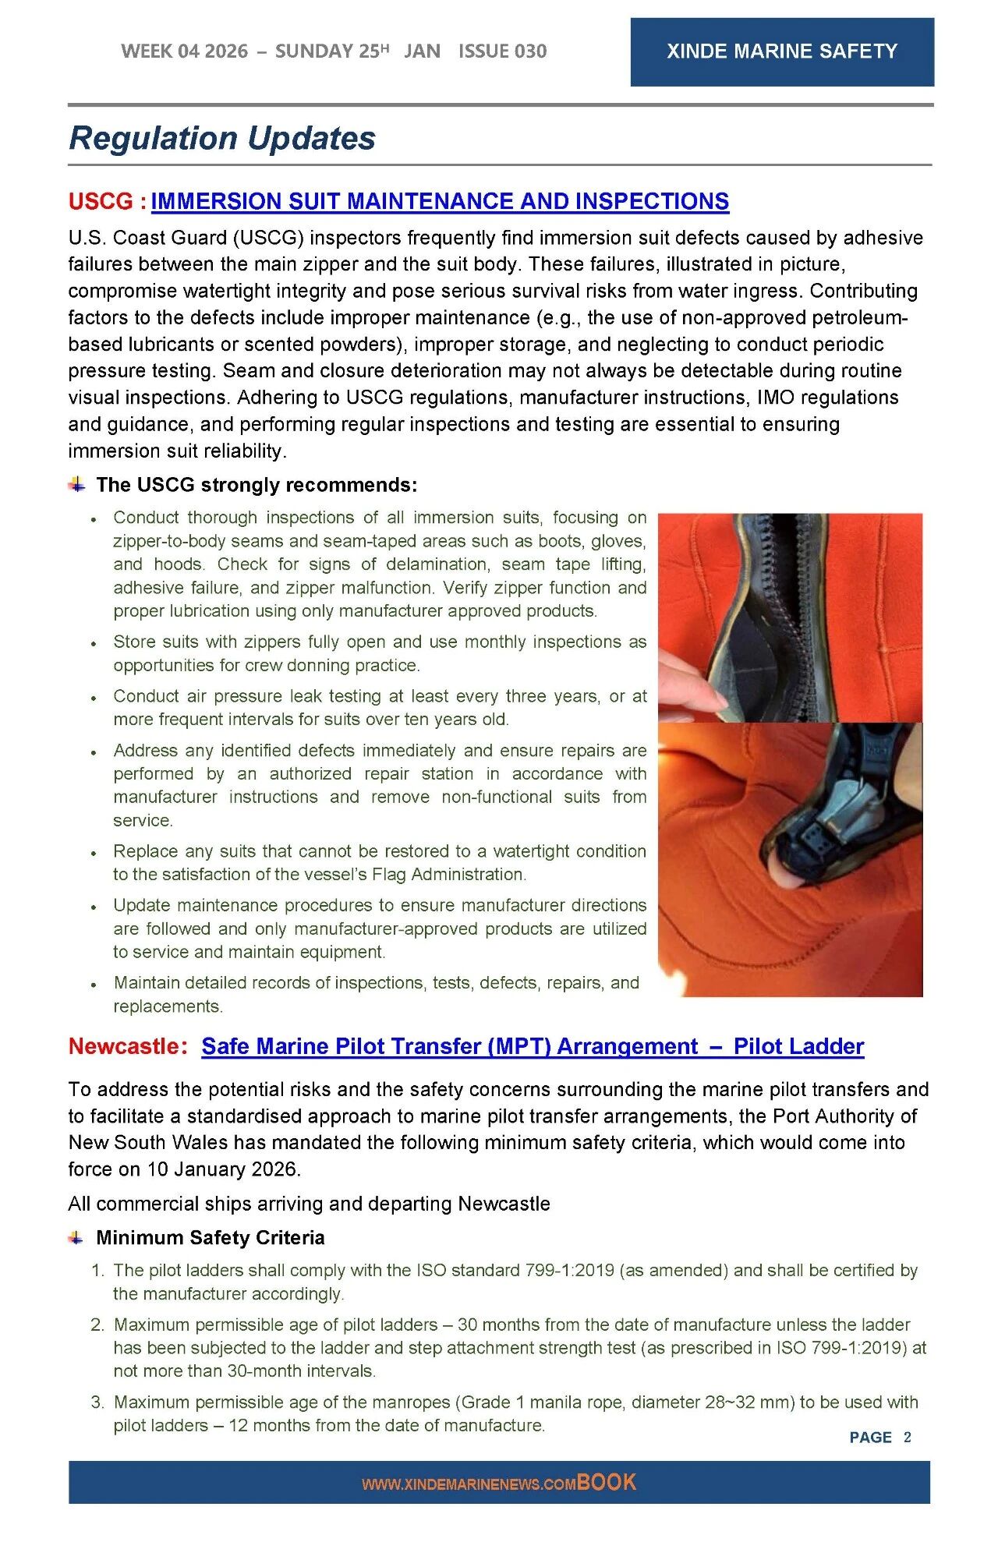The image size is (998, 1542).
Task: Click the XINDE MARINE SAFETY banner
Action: pyautogui.click(x=781, y=51)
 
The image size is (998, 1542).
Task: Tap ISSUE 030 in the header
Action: pyautogui.click(x=502, y=51)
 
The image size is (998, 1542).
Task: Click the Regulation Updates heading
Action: pyautogui.click(x=222, y=138)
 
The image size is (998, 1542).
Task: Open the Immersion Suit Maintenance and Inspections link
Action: pyautogui.click(x=440, y=201)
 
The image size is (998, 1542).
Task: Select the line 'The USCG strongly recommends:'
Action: pyautogui.click(x=257, y=485)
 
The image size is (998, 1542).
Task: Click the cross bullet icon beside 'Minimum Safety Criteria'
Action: pyautogui.click(x=76, y=1237)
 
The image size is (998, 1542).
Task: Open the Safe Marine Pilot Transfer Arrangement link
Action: pyautogui.click(x=533, y=1046)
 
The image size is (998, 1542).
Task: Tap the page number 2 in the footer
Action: pyautogui.click(x=907, y=1437)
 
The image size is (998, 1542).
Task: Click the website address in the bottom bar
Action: pyautogui.click(x=469, y=1484)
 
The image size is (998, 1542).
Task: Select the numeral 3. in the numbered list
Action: pyautogui.click(x=97, y=1402)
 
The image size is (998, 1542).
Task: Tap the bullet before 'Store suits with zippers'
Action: pyautogui.click(x=94, y=644)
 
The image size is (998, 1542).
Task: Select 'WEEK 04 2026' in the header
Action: pyautogui.click(x=184, y=51)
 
